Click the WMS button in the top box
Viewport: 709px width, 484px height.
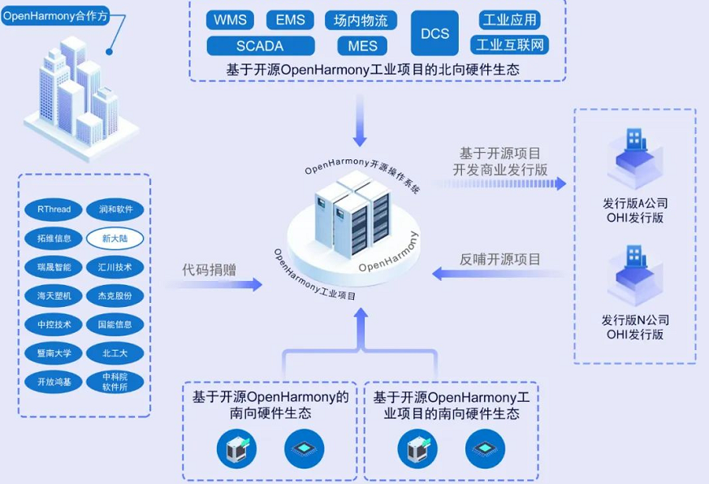tap(231, 20)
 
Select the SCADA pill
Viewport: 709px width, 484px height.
tap(260, 46)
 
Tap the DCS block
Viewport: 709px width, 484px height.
tap(435, 33)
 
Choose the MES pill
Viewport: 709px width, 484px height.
tap(362, 46)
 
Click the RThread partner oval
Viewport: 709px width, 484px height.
tap(54, 210)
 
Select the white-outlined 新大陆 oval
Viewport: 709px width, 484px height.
tap(115, 239)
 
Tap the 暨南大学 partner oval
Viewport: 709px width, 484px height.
tap(54, 353)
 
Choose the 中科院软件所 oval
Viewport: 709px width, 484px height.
tap(115, 382)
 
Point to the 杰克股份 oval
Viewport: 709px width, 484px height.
tap(115, 296)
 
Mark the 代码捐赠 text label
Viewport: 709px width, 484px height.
tap(209, 270)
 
